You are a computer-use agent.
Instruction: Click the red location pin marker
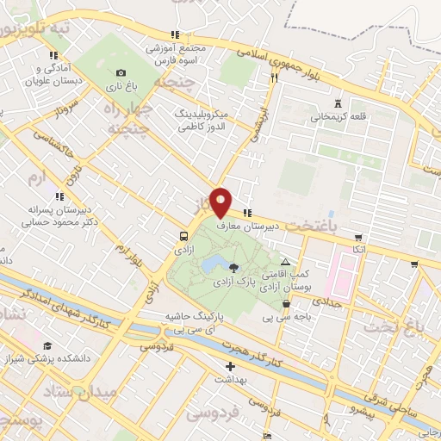point(220,201)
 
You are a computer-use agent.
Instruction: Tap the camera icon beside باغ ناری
point(121,72)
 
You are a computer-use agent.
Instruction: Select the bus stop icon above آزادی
point(183,236)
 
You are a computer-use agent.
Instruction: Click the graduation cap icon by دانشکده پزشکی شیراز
point(46,346)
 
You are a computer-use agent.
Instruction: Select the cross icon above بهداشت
point(230,367)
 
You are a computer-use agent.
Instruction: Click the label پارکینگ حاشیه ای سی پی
point(195,322)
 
